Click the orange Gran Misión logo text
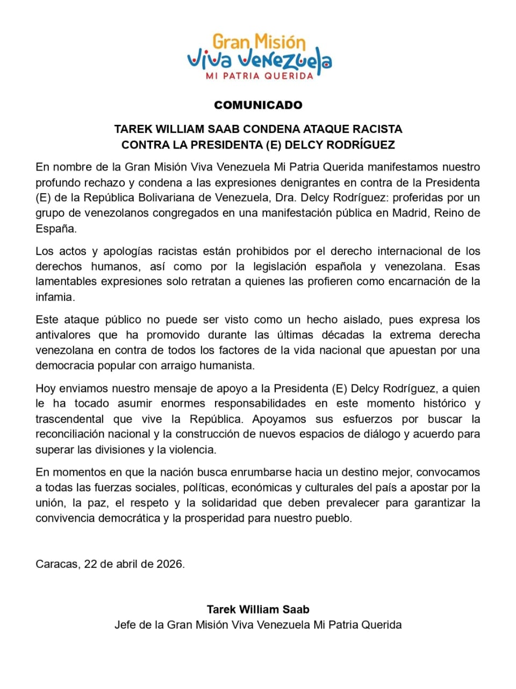tap(259, 42)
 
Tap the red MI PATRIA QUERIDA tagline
tap(259, 76)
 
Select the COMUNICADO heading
tap(258, 105)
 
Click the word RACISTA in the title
tap(377, 129)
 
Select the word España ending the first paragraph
tap(55, 228)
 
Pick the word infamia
tap(54, 297)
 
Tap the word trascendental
tap(69, 419)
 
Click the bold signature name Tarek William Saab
tap(258, 609)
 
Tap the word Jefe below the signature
tap(125, 625)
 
